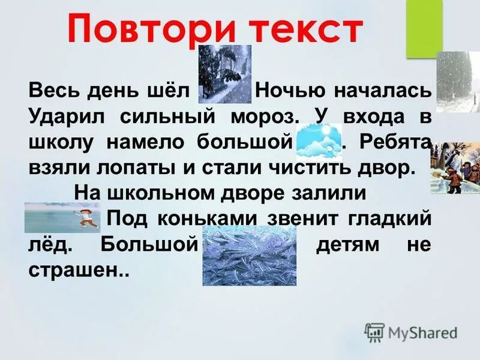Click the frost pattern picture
(x=249, y=255)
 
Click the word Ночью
(x=290, y=92)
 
